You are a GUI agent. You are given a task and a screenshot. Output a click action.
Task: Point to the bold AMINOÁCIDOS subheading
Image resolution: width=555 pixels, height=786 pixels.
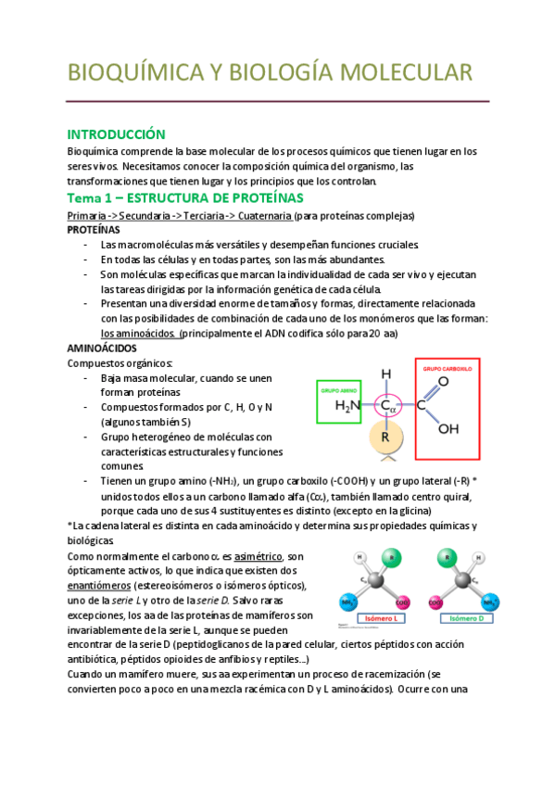[102, 347]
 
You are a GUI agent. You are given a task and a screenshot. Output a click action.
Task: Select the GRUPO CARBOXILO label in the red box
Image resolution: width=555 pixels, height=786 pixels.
[448, 369]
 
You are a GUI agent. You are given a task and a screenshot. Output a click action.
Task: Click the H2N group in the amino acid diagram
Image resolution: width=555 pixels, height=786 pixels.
[348, 406]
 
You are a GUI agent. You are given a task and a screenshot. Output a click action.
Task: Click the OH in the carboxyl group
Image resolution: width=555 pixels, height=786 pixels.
[448, 429]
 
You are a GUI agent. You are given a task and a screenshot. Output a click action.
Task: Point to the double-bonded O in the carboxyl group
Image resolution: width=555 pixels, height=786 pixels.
[443, 380]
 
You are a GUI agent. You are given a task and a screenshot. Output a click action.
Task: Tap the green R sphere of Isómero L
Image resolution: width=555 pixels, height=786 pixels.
[390, 558]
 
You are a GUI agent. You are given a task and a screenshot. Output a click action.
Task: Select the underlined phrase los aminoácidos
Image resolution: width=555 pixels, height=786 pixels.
[138, 334]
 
